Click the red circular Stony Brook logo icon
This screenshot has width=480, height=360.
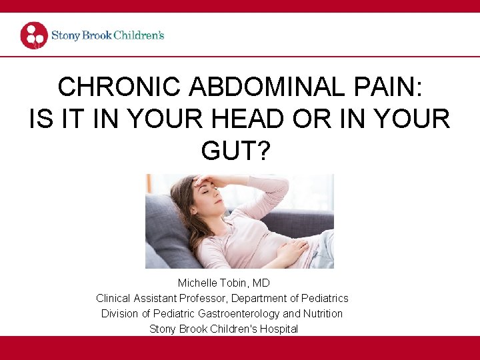tap(34, 35)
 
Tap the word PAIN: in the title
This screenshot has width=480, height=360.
tap(393, 87)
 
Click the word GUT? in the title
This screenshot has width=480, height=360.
tap(239, 152)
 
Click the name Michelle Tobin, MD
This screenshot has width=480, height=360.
tap(223, 283)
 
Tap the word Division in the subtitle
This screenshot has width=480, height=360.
tap(120, 313)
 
